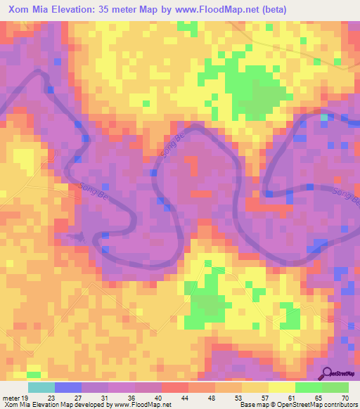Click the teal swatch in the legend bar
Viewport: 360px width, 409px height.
41,388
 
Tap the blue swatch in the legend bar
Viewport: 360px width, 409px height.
68,388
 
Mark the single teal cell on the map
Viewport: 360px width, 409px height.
324,117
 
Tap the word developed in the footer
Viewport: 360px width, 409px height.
96,404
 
